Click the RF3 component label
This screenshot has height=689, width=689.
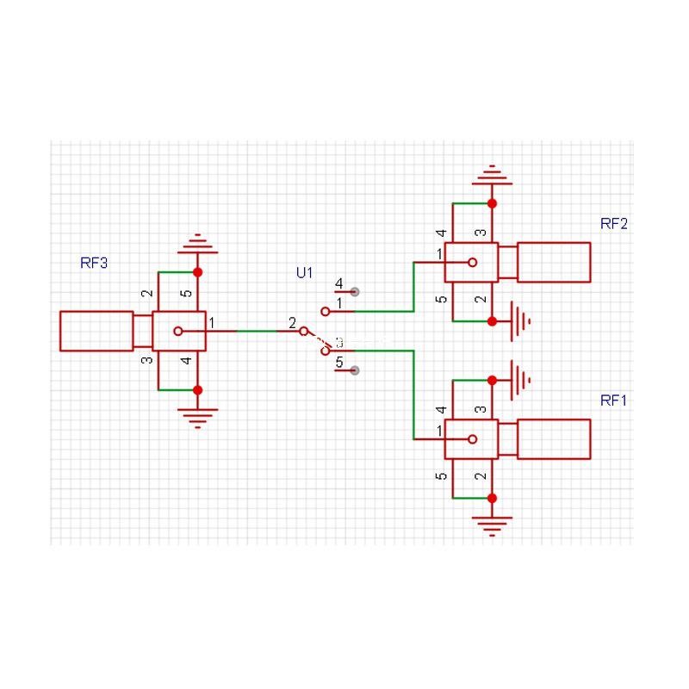pos(94,264)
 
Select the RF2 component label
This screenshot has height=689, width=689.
pos(614,223)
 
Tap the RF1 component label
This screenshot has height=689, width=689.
pos(614,400)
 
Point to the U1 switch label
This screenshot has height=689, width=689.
pos(304,273)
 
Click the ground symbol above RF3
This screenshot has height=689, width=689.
pos(197,244)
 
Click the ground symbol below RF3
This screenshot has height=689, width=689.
pos(197,419)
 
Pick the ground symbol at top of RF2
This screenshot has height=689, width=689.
pos(492,175)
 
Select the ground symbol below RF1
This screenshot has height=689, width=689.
pos(492,525)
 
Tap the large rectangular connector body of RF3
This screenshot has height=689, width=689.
pos(96,331)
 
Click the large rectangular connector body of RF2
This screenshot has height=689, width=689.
pos(554,262)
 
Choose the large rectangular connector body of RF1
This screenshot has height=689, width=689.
pos(554,439)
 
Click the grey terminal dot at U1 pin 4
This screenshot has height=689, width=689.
pos(354,292)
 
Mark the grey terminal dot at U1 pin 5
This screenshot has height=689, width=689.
pos(354,370)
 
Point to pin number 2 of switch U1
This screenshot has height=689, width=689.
pos(292,323)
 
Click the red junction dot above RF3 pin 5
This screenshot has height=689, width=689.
pos(197,272)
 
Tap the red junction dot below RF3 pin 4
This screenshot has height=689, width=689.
pos(197,390)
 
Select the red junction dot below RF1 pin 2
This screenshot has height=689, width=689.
pos(492,498)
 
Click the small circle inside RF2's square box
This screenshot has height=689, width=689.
pos(471,262)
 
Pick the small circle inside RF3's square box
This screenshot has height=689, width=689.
pos(177,331)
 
